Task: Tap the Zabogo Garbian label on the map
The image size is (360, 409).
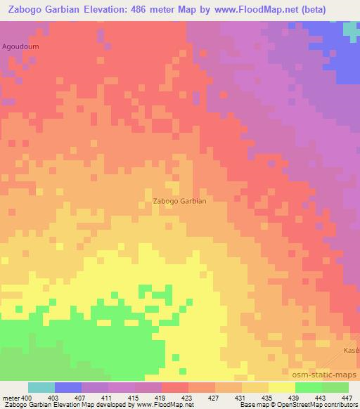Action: pos(179,201)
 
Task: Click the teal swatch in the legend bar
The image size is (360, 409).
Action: pos(41,387)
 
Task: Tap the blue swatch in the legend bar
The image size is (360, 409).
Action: pos(68,387)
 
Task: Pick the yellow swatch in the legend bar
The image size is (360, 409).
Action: pos(282,387)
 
